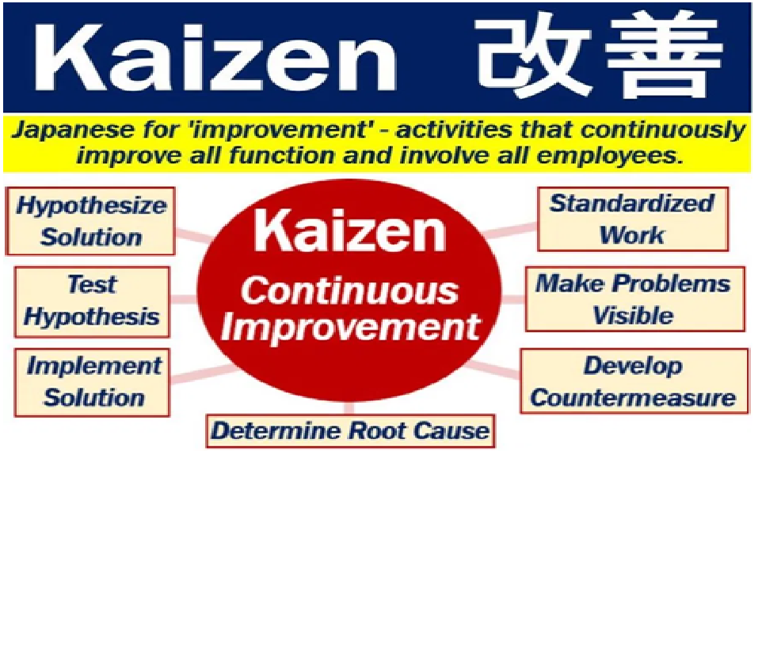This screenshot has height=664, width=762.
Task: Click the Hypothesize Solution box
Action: tap(90, 221)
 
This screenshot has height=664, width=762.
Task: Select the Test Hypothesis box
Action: tap(93, 301)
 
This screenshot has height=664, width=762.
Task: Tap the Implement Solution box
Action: tap(93, 383)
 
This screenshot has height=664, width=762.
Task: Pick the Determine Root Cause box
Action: tap(350, 431)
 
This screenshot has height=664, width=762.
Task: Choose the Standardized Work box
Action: tap(633, 219)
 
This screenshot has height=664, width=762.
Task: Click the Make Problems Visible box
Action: tap(635, 299)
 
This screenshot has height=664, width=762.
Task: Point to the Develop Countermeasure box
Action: tap(634, 382)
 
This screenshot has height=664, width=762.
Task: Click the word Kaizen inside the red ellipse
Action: tap(349, 231)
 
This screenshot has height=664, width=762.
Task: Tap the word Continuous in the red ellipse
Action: tap(349, 291)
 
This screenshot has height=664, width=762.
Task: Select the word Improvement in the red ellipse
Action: tap(350, 327)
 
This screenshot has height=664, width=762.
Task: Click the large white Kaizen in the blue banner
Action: tap(215, 57)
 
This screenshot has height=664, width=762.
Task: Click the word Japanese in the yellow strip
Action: tap(74, 131)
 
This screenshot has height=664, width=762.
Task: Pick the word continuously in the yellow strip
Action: tap(662, 131)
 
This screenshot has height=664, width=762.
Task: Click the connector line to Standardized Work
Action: tap(510, 230)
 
